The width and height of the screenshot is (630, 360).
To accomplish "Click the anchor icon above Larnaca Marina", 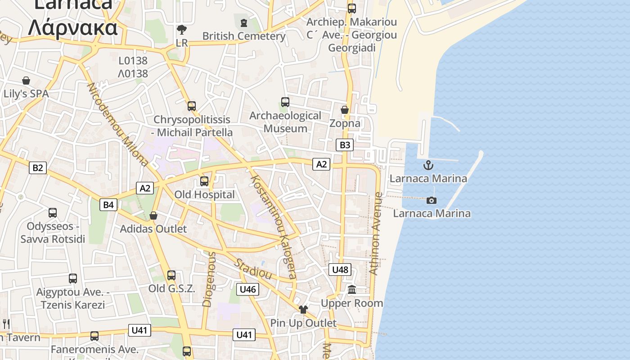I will (x=428, y=165).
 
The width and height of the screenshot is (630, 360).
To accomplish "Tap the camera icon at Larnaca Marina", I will (x=432, y=200).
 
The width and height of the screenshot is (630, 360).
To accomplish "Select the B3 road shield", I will (x=344, y=145).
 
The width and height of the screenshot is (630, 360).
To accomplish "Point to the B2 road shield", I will (x=37, y=168).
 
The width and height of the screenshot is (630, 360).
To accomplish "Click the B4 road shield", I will (x=108, y=205).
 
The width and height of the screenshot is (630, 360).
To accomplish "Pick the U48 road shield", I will (x=340, y=270).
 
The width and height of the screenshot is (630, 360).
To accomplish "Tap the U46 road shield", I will (x=247, y=289).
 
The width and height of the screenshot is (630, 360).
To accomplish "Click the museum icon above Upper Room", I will (x=352, y=289).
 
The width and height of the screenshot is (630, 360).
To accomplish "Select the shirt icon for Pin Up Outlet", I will (x=303, y=310).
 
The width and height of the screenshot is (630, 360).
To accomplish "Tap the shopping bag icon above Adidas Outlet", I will (x=153, y=216).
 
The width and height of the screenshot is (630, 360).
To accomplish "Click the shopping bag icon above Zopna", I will (x=345, y=110).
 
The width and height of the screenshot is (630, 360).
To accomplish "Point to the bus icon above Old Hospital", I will (x=204, y=181).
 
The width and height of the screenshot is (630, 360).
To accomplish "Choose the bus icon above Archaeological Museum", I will (x=285, y=102).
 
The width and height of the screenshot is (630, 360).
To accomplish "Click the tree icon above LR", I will (x=182, y=30).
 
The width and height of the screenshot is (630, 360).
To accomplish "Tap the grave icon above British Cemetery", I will (x=244, y=22).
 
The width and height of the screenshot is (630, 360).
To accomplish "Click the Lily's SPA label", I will (x=26, y=94).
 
